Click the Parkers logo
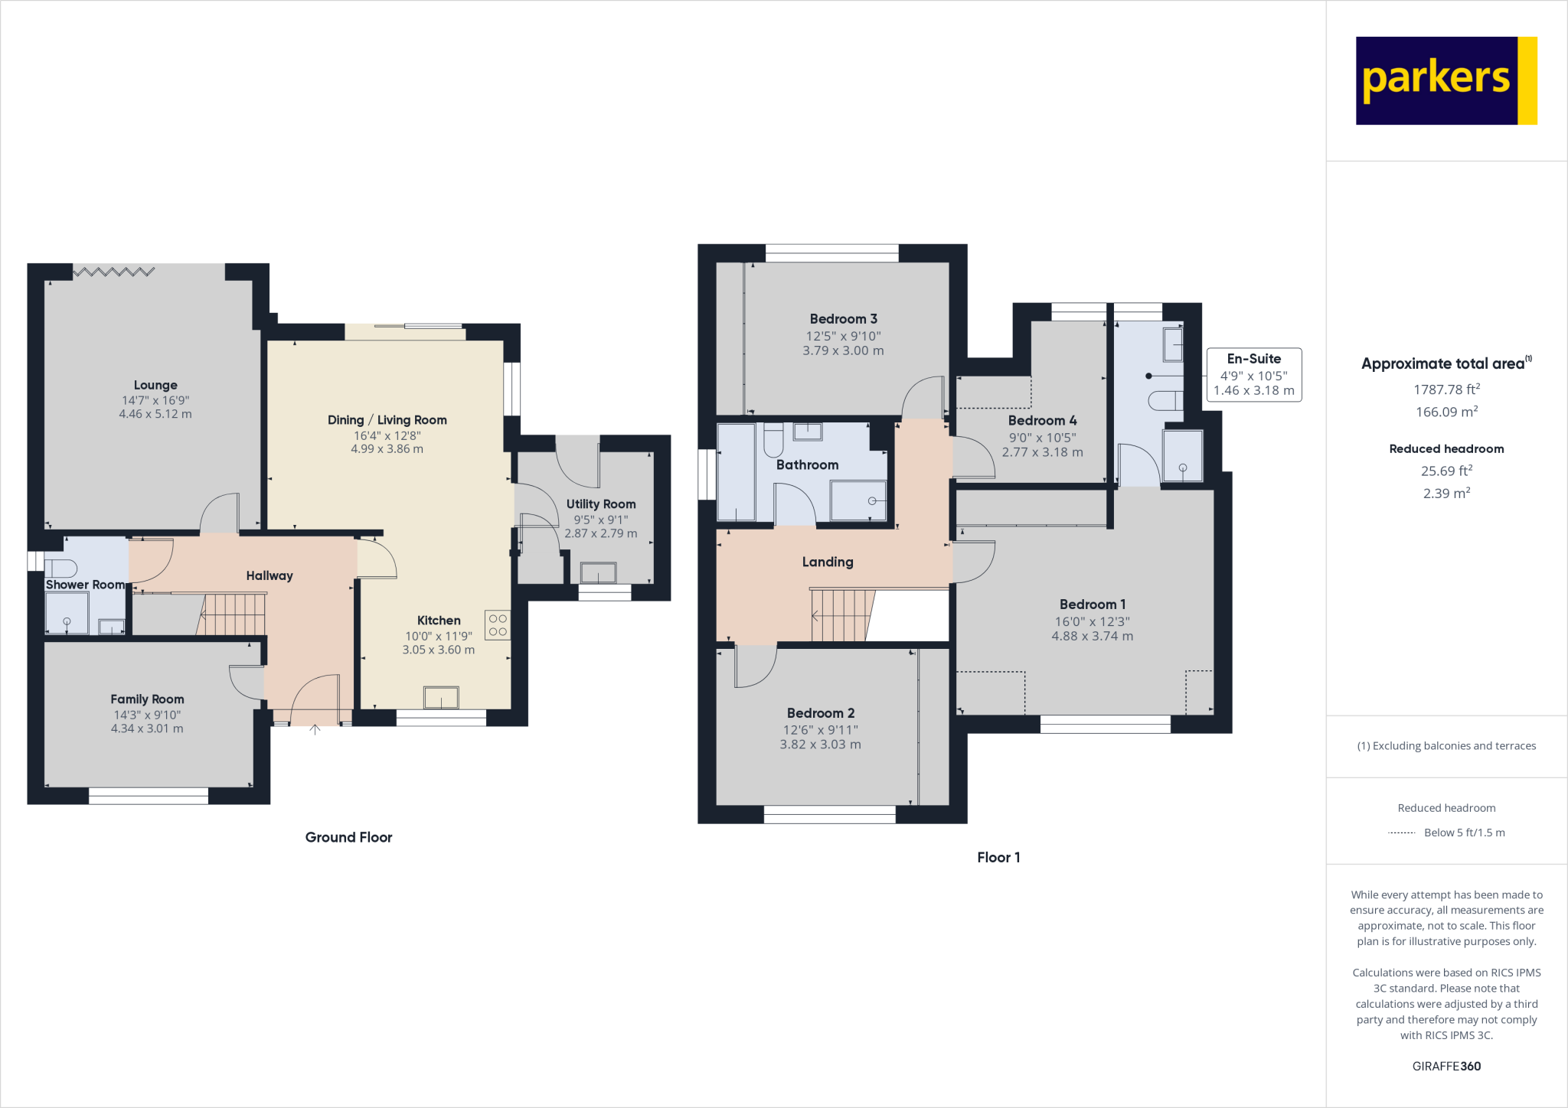click(1445, 80)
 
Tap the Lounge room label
click(155, 385)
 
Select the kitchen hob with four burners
click(498, 624)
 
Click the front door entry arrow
click(315, 729)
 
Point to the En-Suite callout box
click(1253, 374)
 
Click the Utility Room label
click(601, 503)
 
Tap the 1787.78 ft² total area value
click(1445, 389)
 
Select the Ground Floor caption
click(348, 837)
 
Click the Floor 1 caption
click(998, 857)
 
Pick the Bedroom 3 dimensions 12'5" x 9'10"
click(843, 336)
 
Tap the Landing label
click(827, 562)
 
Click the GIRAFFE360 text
click(1445, 1066)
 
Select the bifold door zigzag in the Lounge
click(113, 271)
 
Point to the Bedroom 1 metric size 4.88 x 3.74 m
click(1092, 636)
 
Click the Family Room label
click(147, 699)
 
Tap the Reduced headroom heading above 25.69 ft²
click(1445, 448)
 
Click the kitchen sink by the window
click(441, 698)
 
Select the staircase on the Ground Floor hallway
click(234, 614)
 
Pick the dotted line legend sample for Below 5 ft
click(1401, 833)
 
